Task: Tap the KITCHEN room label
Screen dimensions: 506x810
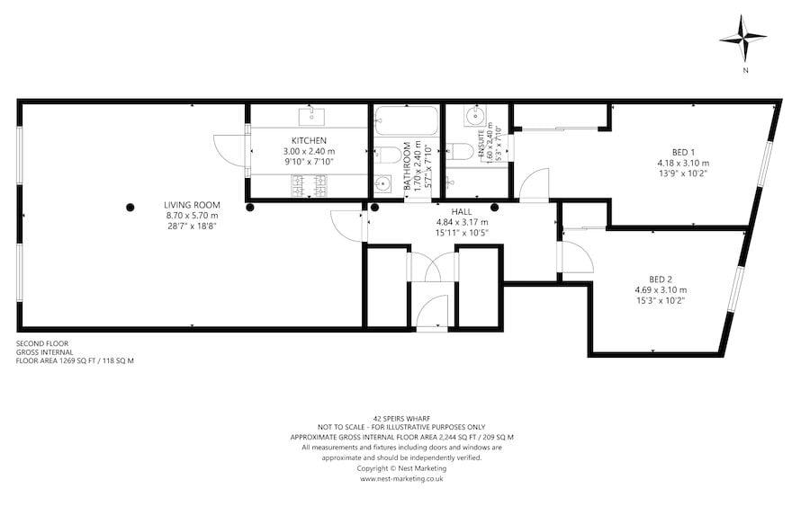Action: click(x=309, y=140)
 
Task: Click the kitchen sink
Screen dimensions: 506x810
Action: click(x=311, y=116)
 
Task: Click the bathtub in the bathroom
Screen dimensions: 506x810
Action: click(x=406, y=120)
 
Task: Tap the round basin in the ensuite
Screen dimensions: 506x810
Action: click(x=474, y=117)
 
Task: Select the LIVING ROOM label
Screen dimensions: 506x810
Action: click(x=192, y=205)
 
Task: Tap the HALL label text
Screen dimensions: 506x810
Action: click(x=461, y=211)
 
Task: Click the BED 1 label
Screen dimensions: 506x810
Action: click(x=683, y=151)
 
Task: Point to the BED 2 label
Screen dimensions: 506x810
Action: click(x=661, y=279)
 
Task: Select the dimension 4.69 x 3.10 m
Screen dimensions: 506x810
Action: click(x=661, y=289)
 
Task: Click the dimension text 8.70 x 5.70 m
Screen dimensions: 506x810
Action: click(x=192, y=216)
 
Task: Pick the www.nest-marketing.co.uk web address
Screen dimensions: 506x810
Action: click(x=401, y=479)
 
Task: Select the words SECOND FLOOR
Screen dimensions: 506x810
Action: click(x=41, y=343)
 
